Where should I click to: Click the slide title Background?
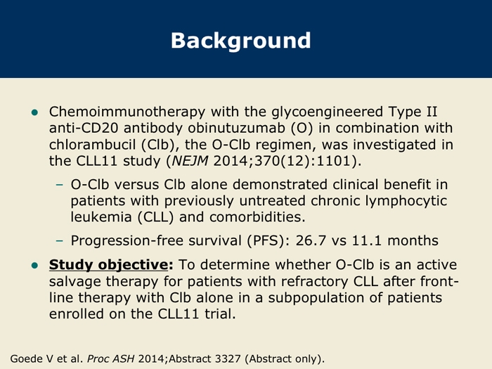point(240,41)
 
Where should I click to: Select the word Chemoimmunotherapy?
point(127,112)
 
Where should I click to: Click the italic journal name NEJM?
point(190,161)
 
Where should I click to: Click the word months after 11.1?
point(413,240)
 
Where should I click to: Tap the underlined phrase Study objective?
point(108,264)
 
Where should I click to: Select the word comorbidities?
point(257,216)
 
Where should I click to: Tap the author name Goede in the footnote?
point(26,358)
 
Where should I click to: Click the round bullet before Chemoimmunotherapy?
point(34,112)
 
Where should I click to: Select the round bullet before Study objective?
point(34,266)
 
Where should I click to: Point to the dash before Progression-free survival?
point(59,241)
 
